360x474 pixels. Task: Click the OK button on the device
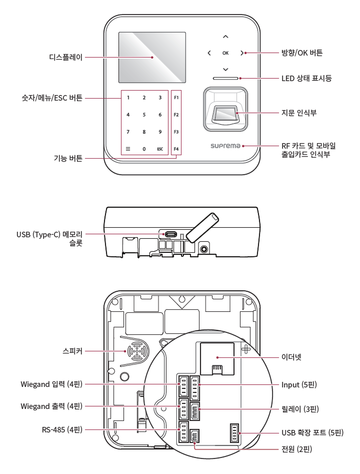(225, 53)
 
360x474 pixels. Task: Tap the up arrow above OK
(225, 37)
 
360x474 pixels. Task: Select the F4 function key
(176, 149)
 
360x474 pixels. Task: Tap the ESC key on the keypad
(159, 149)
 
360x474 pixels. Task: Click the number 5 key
(144, 115)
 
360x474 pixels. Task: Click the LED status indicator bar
(226, 79)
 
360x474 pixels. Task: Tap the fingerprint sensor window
(225, 115)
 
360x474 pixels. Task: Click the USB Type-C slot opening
(171, 234)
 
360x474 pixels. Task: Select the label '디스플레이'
(63, 58)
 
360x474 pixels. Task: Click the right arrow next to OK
(242, 53)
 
